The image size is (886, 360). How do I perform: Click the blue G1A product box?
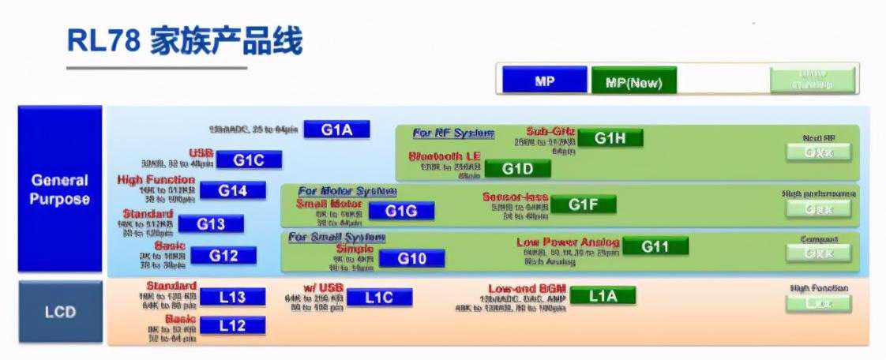pos(336,129)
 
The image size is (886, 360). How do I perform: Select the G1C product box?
pos(247,160)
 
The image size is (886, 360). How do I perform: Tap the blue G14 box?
pos(232,190)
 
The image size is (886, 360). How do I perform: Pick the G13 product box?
pos(211,224)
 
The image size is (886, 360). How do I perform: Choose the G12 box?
pos(223,256)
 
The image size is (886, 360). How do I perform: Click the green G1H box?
pos(610,138)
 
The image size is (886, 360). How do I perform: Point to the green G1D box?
pos(517,169)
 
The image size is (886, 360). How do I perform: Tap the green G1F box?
pos(583,205)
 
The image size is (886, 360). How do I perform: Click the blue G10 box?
pos(411,259)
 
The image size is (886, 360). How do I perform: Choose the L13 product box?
pos(232,298)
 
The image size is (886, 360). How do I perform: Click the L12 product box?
pos(232,325)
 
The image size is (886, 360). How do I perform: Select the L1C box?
pos(379,298)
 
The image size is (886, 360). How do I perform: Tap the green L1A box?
pos(602,296)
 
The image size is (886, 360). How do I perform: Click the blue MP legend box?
pos(545,81)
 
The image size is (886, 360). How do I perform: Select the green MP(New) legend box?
pos(633,81)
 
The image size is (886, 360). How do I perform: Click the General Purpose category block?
pos(60,190)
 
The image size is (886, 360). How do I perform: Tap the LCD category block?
pos(60,312)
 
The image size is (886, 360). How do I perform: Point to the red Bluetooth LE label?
pos(444,156)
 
